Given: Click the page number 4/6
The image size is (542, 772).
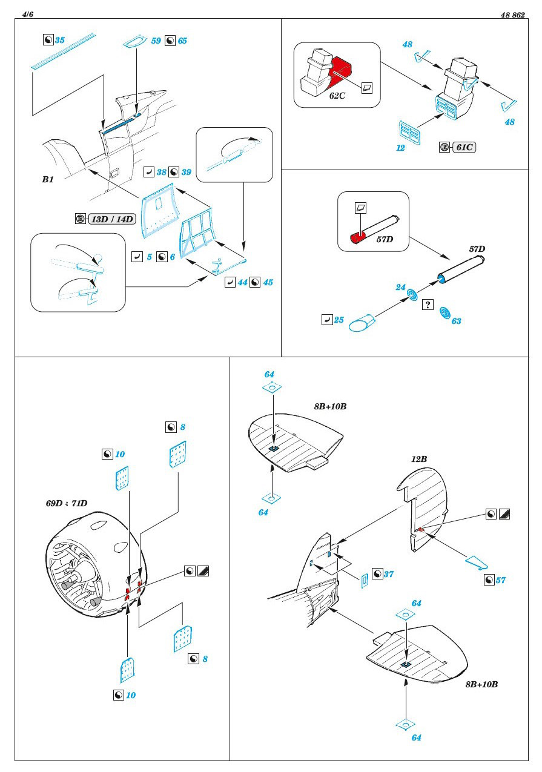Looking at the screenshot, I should [x=27, y=15].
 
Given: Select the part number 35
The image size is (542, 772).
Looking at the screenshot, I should [x=59, y=41].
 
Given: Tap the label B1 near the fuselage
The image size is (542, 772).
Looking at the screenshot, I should [x=48, y=180].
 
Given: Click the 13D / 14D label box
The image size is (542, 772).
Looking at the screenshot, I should [x=111, y=219].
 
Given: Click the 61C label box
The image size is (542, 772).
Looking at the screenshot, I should [x=463, y=147].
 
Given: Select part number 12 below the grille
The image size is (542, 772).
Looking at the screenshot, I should [x=400, y=147].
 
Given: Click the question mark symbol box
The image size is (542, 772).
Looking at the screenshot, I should [x=428, y=305].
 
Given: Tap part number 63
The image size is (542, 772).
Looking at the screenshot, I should [x=456, y=321].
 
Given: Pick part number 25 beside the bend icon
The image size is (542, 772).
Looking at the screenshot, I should [x=339, y=319].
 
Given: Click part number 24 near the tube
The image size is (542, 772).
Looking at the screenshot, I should [x=401, y=288].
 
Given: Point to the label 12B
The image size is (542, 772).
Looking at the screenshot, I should [x=419, y=460].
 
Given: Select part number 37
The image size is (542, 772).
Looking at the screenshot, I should [x=389, y=573].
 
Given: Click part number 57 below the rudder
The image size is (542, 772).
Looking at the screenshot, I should [x=500, y=580].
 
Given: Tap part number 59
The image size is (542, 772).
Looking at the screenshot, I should [x=156, y=41].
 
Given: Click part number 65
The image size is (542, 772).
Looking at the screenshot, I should [x=182, y=41].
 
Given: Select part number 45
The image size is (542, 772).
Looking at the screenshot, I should [x=268, y=282].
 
